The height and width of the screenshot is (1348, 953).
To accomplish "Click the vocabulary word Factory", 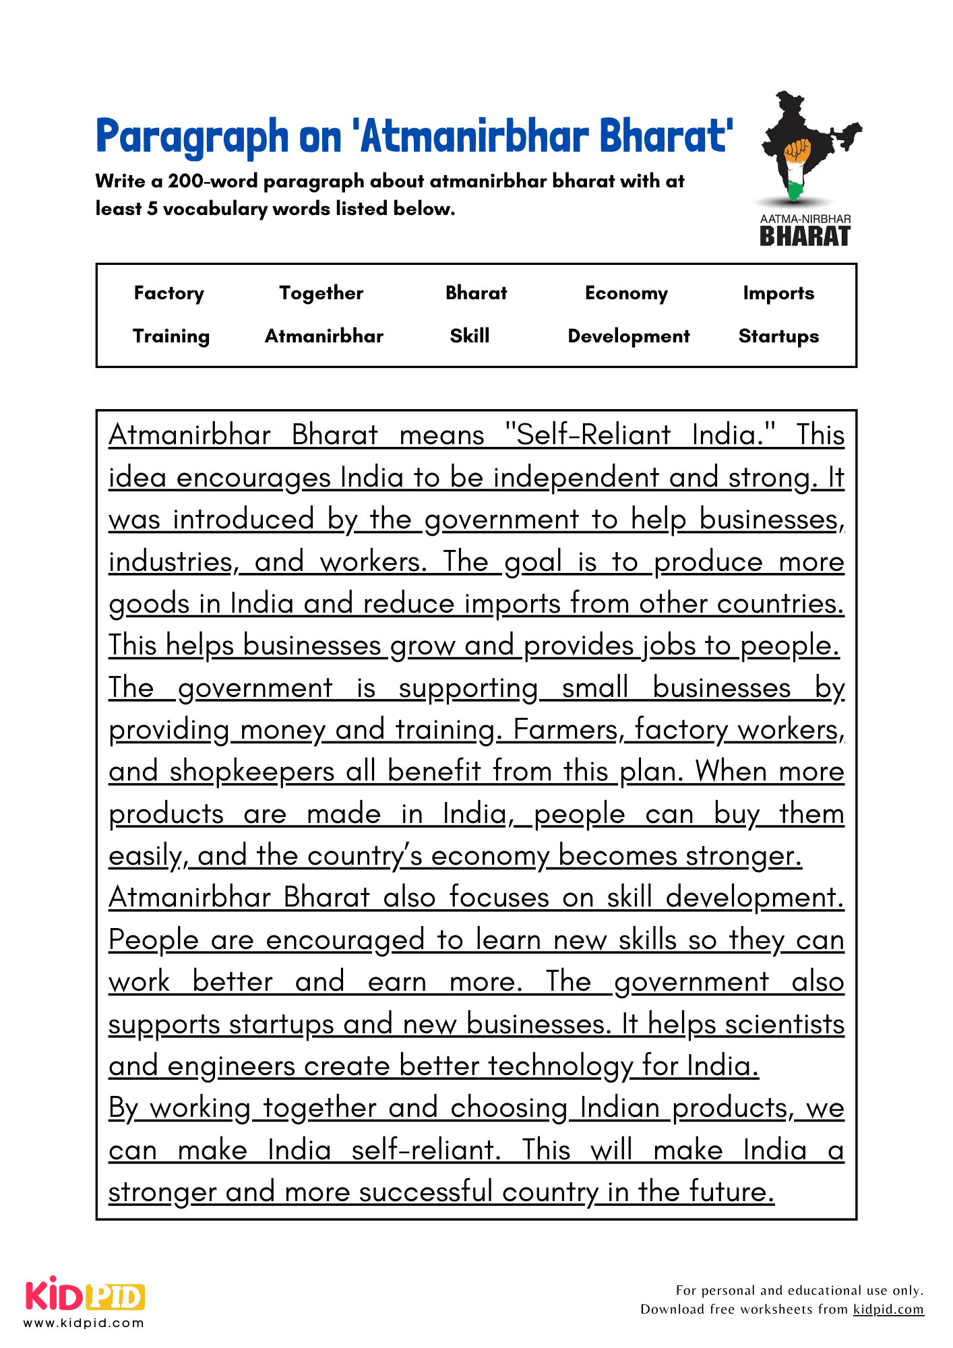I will [168, 293].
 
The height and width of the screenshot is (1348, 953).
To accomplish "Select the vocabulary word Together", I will [321, 293].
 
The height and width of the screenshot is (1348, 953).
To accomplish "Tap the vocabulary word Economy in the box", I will [626, 293].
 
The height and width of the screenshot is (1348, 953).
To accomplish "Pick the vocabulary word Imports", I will [778, 293].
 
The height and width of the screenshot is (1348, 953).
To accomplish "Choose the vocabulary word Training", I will [171, 336].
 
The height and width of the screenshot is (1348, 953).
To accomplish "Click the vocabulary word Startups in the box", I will [778, 336].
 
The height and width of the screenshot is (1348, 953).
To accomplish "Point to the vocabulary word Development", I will [629, 336].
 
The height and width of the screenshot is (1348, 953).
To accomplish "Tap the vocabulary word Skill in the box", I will [470, 336].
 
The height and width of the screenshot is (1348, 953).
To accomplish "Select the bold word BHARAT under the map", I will [805, 237].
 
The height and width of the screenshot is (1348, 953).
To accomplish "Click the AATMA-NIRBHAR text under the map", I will [805, 219].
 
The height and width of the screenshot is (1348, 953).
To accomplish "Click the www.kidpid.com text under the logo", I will [84, 1323].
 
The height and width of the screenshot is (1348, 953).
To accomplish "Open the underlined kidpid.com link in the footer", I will [888, 1310].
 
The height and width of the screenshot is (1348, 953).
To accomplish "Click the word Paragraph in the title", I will [192, 137].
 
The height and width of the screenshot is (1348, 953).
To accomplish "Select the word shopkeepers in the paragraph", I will [252, 772].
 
